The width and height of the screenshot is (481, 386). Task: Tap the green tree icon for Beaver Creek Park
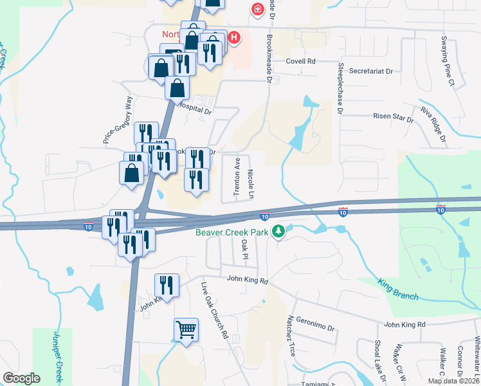pos(278,231)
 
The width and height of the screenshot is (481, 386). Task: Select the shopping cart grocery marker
pos(186,331)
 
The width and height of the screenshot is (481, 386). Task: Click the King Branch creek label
pos(399,289)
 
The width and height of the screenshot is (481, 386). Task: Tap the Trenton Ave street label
pos(237,169)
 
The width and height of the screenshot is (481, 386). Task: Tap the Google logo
pos(22,378)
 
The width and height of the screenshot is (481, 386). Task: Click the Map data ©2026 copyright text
pos(453,381)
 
